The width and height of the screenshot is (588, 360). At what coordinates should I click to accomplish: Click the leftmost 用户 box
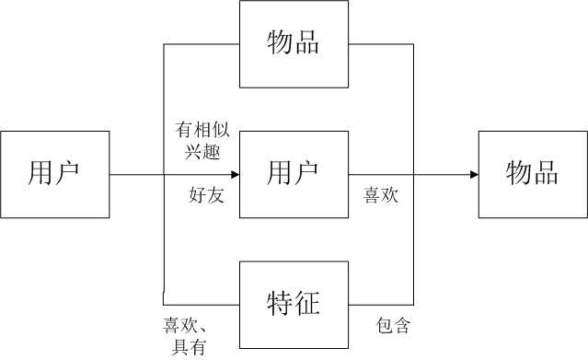[54, 174]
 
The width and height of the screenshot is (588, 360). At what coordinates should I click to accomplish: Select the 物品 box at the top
[294, 43]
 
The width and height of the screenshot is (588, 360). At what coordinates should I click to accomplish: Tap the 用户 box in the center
[294, 174]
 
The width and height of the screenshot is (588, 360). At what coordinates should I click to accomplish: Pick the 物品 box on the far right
[533, 174]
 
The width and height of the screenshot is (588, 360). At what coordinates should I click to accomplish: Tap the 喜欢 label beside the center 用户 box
[382, 195]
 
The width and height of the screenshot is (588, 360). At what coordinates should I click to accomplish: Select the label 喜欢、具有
[190, 335]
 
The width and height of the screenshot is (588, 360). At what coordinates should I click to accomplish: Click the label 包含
[393, 325]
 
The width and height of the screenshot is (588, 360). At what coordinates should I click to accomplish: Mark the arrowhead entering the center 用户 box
[234, 174]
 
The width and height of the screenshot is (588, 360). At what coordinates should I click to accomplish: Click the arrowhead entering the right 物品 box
[473, 174]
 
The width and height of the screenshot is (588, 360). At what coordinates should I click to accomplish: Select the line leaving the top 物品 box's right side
[382, 43]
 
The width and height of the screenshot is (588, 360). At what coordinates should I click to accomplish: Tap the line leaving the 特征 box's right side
[382, 305]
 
